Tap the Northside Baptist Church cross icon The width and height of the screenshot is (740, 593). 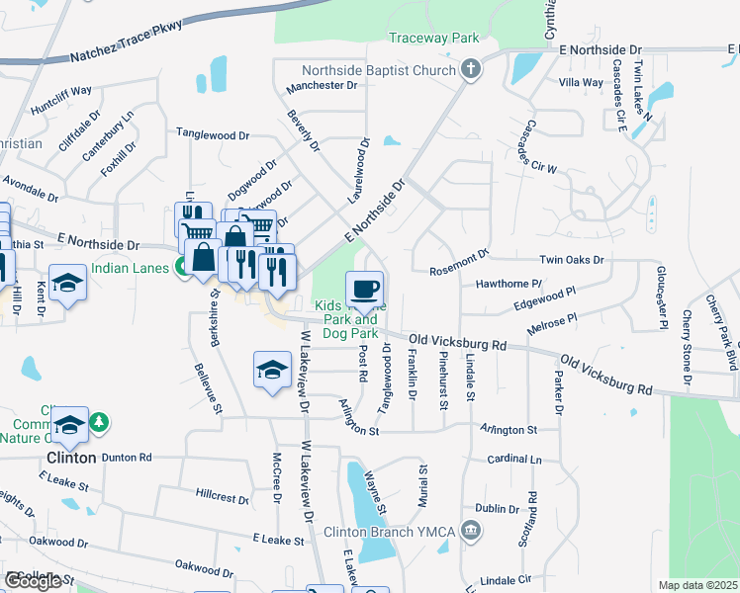471,69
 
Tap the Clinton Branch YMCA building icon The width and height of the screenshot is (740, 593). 471,532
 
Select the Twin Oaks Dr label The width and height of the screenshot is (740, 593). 572,259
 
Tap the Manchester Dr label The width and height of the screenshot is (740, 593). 322,86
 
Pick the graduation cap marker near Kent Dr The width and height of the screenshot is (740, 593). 67,284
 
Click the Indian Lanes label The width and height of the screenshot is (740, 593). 133,267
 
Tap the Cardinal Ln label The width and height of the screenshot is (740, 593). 514,460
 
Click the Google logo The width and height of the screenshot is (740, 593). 33,581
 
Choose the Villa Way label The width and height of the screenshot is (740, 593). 581,83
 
